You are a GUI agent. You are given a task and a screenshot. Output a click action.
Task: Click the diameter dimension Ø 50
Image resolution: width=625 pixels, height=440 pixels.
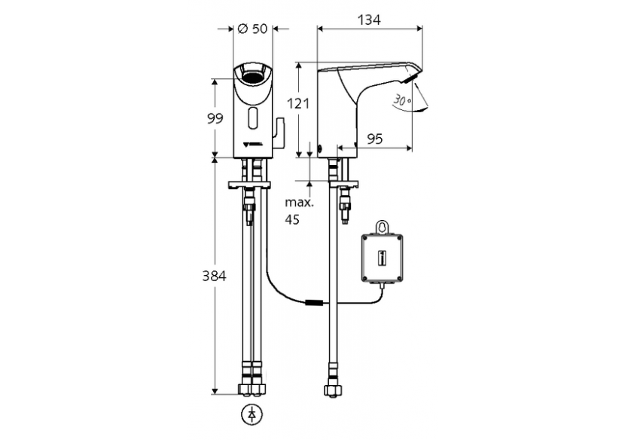click(252, 29)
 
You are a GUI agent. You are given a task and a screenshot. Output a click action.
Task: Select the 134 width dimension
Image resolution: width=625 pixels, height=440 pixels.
click(367, 20)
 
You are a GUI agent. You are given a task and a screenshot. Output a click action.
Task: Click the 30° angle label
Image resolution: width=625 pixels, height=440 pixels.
click(402, 99)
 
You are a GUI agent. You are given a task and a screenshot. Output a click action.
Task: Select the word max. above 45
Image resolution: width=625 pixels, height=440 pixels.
click(298, 203)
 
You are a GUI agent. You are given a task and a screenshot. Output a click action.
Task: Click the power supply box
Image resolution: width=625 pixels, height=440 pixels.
click(383, 258)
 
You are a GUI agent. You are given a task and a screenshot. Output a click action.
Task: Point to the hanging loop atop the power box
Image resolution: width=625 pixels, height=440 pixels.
click(384, 226)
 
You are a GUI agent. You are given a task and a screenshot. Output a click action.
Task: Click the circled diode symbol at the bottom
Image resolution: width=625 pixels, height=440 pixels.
click(252, 414)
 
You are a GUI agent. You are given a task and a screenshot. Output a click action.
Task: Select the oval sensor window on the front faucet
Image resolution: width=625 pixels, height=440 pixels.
click(252, 118)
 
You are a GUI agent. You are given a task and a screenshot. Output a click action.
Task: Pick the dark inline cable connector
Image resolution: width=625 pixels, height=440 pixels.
click(316, 304)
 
